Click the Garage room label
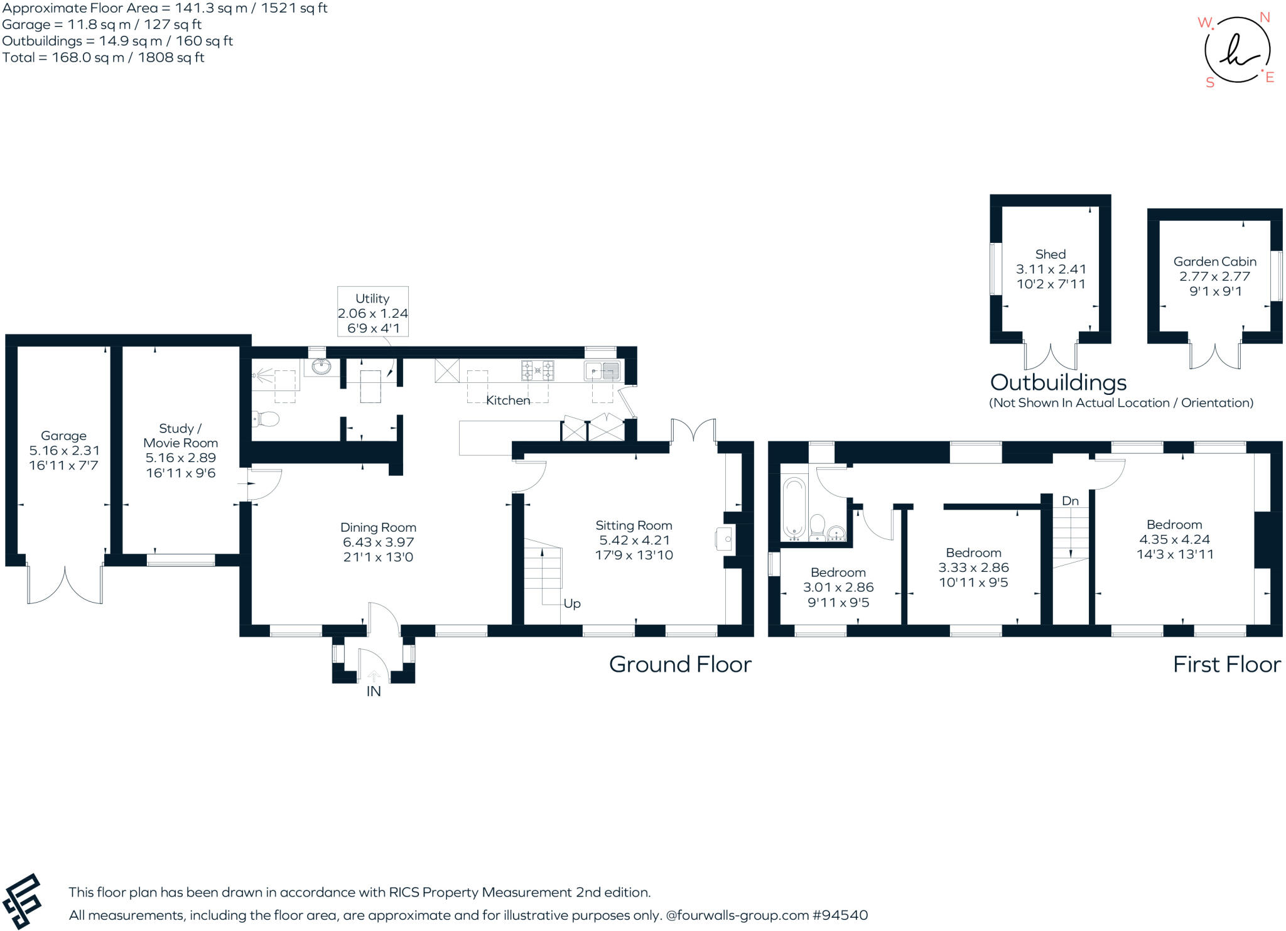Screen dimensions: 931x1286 click(63, 436)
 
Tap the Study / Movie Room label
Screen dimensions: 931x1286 click(180, 436)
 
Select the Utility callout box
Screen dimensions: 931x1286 click(372, 312)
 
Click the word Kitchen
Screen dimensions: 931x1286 click(508, 400)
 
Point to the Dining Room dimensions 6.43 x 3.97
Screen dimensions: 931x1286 click(378, 542)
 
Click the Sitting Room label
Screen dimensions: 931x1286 click(634, 525)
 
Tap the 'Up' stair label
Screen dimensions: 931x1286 click(571, 603)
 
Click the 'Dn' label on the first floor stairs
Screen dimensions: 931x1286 click(1070, 500)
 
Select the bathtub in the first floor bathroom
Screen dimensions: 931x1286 click(794, 507)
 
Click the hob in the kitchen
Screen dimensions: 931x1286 click(538, 370)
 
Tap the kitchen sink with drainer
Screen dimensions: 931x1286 click(602, 371)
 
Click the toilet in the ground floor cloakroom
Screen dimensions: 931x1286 click(266, 418)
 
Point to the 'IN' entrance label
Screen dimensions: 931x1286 click(374, 691)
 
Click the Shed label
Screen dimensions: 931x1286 click(1051, 254)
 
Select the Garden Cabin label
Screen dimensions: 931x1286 click(1214, 262)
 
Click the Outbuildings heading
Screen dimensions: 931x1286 click(1058, 382)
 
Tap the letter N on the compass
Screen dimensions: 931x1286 click(1265, 18)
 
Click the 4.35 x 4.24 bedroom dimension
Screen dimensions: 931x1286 click(1174, 539)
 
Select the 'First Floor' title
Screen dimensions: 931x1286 click(1226, 664)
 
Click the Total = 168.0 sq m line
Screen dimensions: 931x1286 click(104, 58)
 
